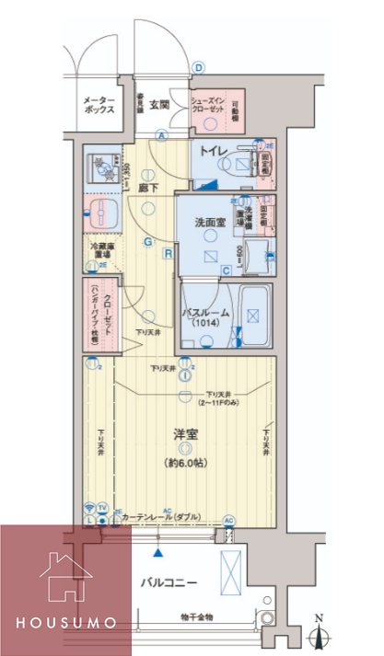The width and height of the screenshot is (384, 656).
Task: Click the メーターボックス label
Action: tap(99, 105)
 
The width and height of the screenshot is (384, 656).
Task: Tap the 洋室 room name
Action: tap(187, 433)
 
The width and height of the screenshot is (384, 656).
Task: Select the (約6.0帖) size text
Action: tap(187, 463)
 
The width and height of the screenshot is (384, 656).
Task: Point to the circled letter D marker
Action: tap(197, 66)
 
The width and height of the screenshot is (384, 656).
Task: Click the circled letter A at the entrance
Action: tap(161, 135)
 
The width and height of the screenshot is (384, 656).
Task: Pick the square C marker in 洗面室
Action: tap(226, 270)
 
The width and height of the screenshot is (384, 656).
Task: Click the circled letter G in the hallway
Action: tap(146, 242)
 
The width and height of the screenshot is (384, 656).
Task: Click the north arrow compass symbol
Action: tap(322, 632)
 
